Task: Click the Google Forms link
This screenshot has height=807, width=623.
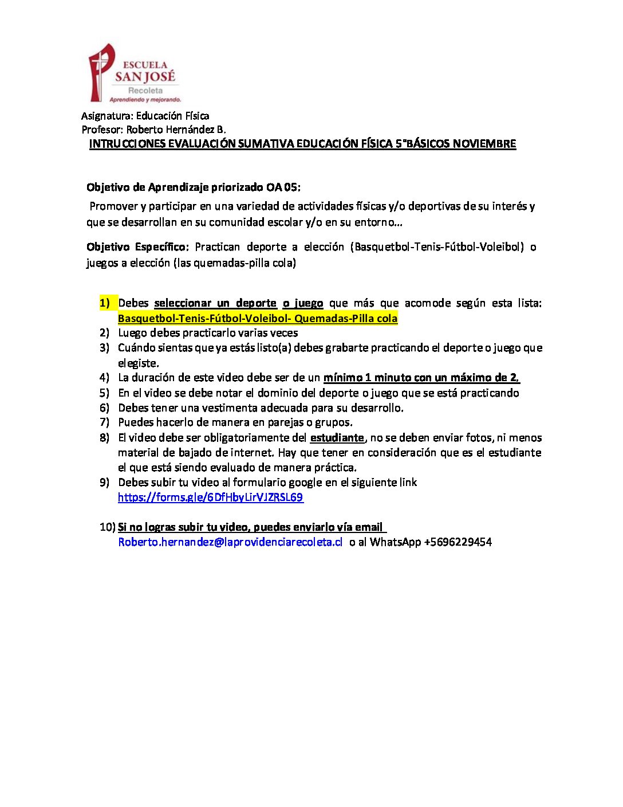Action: click(210, 497)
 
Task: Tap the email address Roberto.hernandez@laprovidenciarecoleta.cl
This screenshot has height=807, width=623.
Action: click(230, 542)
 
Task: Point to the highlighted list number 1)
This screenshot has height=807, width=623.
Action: click(105, 303)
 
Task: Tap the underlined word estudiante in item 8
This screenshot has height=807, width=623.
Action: click(337, 438)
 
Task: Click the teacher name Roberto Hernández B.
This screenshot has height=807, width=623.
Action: click(176, 130)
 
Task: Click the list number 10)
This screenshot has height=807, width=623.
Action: click(107, 527)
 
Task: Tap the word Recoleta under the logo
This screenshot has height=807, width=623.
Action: click(145, 91)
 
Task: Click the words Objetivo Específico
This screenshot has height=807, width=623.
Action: click(137, 247)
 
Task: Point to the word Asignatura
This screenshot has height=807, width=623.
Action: click(107, 116)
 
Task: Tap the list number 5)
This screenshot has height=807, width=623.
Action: click(104, 393)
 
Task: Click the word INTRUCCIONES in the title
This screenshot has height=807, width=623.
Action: click(127, 144)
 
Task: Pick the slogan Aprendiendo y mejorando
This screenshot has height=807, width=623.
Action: click(145, 100)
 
